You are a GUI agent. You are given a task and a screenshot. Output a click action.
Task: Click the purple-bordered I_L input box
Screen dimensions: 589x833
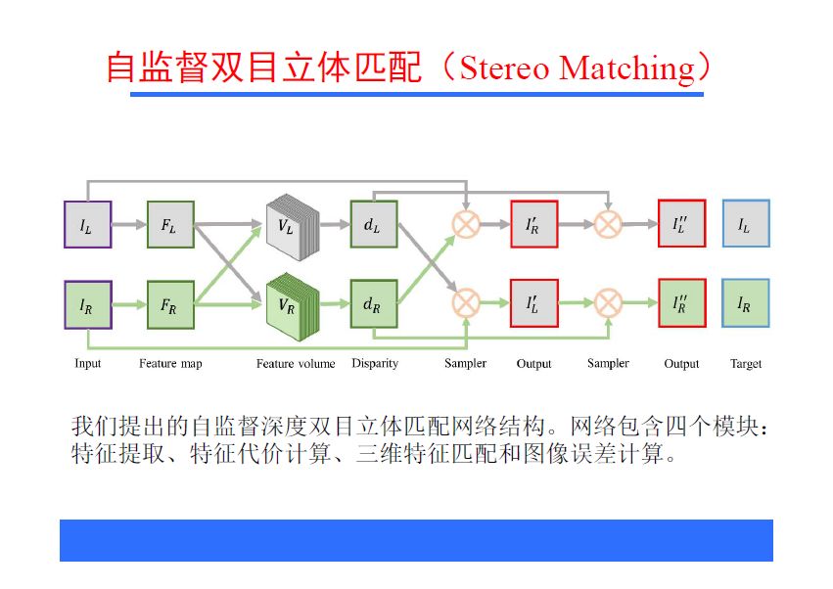tap(87, 224)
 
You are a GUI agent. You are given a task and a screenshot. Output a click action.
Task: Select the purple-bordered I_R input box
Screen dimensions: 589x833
tap(87, 304)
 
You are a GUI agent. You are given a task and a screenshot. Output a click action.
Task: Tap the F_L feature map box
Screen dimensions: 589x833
tap(170, 224)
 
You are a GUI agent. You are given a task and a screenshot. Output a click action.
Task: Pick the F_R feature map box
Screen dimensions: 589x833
tap(170, 304)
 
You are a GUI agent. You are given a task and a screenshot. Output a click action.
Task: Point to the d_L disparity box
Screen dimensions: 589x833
tap(372, 224)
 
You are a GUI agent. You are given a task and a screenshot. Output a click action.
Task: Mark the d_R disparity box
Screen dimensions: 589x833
tap(372, 304)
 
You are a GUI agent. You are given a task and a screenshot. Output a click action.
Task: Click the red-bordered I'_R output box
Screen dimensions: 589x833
tap(533, 224)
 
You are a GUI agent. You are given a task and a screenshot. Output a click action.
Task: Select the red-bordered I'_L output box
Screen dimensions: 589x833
tap(533, 304)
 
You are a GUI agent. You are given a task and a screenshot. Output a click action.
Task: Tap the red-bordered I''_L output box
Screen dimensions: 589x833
tap(681, 224)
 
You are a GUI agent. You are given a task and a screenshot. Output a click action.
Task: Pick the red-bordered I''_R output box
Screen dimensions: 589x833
tap(681, 304)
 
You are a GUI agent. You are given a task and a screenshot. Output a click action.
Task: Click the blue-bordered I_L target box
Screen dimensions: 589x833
tap(745, 224)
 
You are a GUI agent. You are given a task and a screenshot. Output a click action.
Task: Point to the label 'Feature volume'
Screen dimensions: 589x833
tap(296, 364)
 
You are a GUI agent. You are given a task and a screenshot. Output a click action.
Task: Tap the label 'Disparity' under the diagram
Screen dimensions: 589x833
tap(374, 364)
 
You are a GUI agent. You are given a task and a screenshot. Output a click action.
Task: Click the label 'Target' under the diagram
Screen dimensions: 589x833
tap(745, 364)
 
